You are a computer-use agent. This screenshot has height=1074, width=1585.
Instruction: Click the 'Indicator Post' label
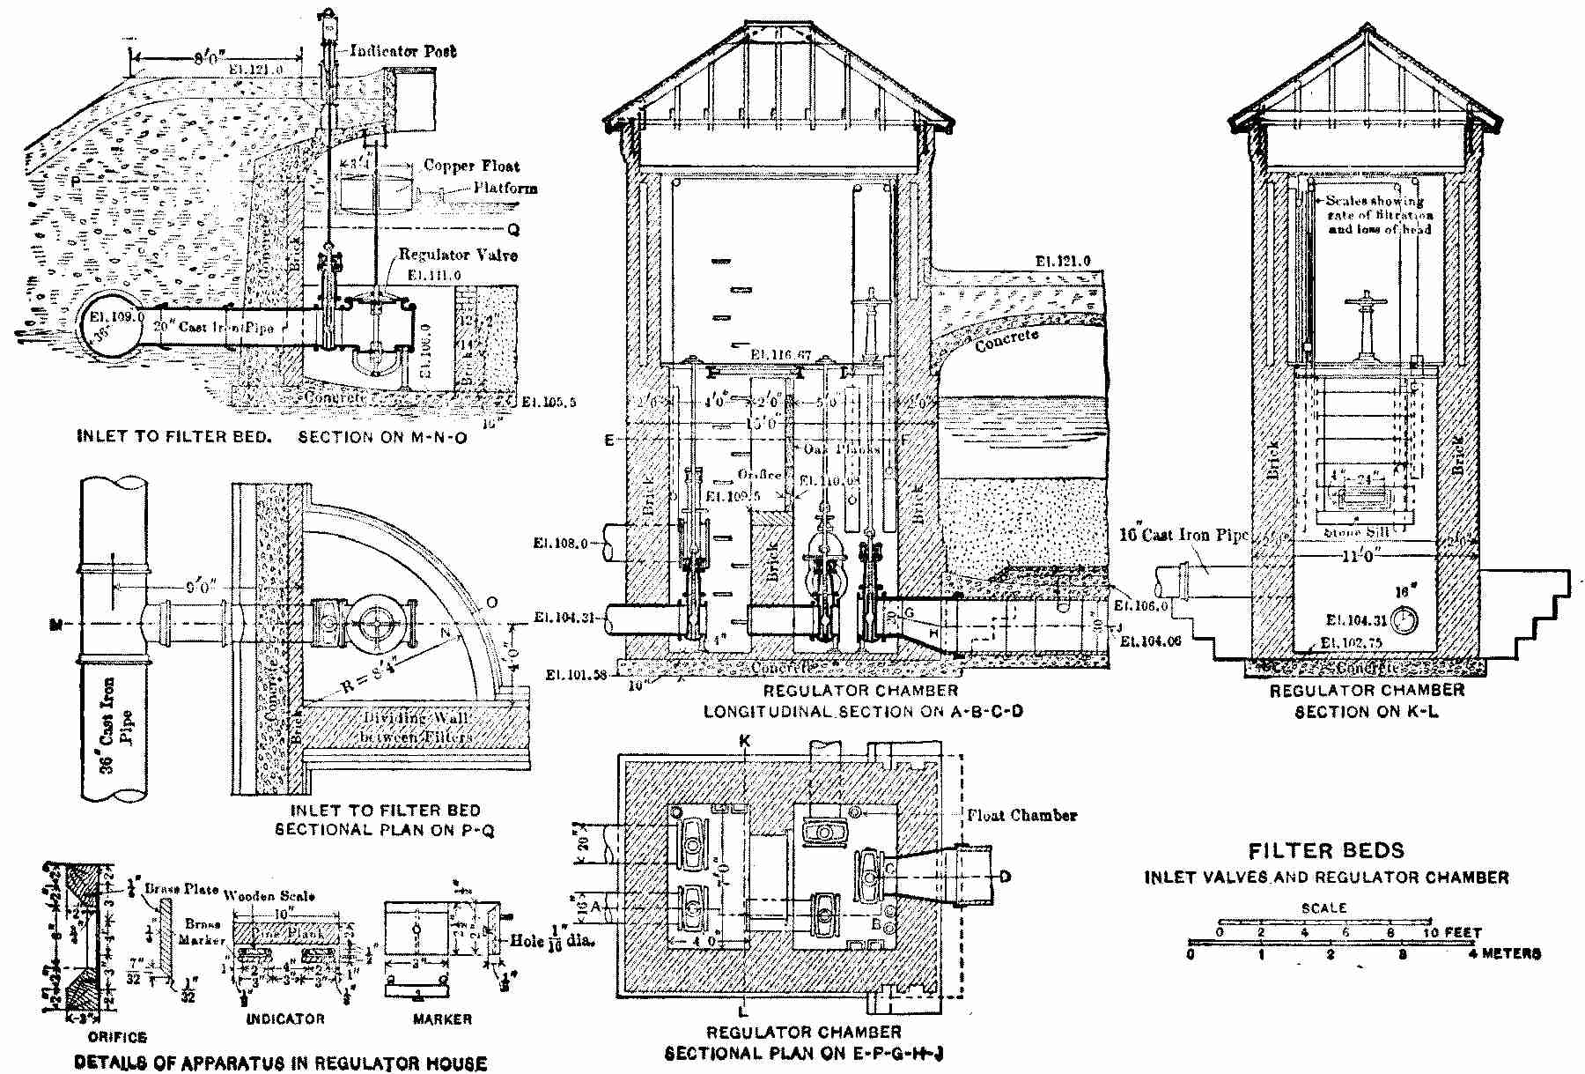coord(403,52)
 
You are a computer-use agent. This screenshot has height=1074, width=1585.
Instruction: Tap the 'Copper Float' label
coord(471,166)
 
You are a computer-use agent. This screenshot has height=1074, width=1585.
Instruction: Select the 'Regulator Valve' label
coord(457,256)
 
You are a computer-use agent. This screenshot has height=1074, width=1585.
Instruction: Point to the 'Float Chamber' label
coord(1021,815)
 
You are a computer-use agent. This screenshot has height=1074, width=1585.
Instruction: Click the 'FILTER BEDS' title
coord(1326,851)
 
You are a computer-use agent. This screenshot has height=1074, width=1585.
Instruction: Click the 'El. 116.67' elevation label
coord(780,354)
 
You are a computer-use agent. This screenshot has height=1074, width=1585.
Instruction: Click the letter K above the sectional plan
coord(745,743)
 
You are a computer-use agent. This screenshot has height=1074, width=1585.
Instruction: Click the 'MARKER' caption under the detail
coord(442,1019)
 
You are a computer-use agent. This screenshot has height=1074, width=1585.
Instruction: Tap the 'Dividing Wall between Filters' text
coord(417,728)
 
